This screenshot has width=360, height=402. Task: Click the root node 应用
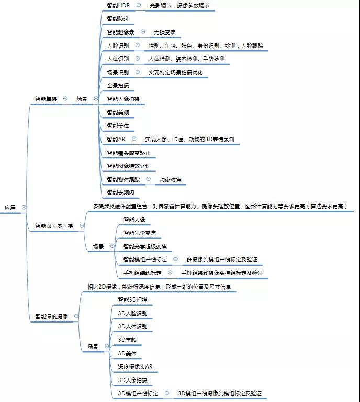tap(10, 208)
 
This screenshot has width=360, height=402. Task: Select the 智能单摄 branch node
tap(46, 98)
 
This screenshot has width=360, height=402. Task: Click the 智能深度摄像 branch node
tap(51, 316)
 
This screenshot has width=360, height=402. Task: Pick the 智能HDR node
tap(118, 5)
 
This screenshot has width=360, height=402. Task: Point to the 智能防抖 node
tap(117, 19)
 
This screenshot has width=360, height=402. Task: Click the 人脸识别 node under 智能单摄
tap(117, 45)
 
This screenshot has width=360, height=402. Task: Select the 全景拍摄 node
tap(117, 85)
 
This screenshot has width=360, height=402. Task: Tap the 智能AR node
tap(116, 139)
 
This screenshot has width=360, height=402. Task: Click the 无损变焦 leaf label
tap(165, 32)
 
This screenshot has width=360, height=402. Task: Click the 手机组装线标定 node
tap(142, 273)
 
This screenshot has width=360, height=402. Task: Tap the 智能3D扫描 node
tap(132, 300)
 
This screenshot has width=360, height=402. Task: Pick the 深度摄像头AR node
tap(134, 366)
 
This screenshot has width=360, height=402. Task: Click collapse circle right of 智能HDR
tap(138, 5)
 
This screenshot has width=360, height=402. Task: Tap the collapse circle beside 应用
tap(24, 208)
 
